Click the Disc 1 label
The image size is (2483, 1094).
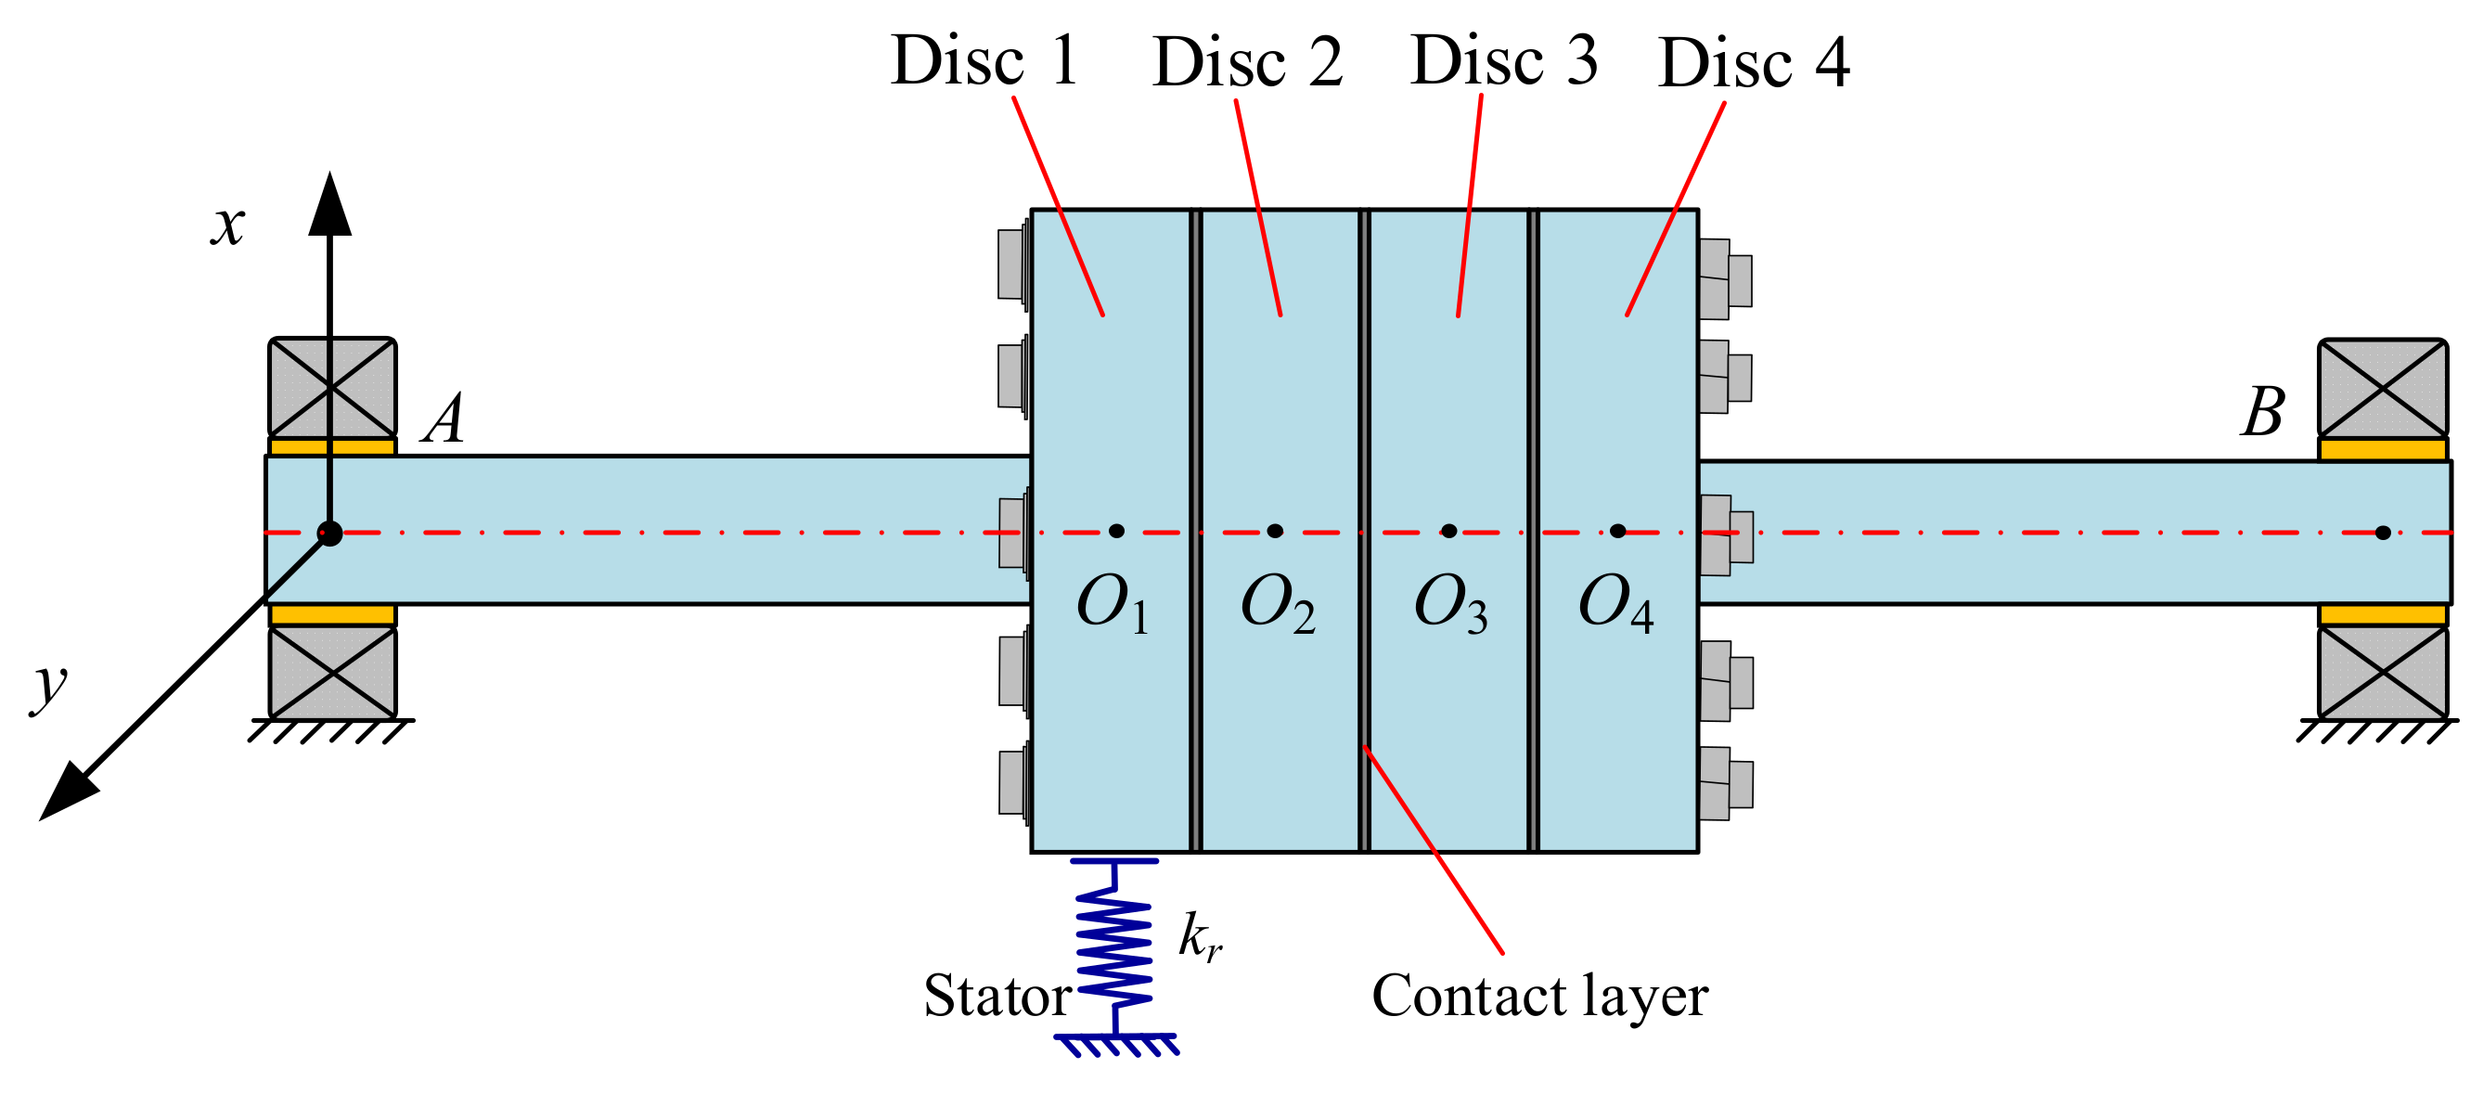click(984, 60)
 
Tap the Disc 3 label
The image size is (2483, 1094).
click(1504, 60)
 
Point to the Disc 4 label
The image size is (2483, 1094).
click(1754, 64)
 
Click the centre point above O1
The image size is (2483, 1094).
click(1116, 531)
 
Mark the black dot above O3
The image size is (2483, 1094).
click(1448, 531)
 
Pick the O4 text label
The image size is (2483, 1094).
click(1615, 604)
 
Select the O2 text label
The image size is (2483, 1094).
click(1277, 604)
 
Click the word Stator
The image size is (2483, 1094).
click(997, 997)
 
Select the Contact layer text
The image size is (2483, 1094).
click(1539, 997)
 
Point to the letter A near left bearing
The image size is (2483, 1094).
click(444, 419)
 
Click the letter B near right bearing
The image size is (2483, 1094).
click(2262, 414)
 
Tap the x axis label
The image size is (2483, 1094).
click(228, 225)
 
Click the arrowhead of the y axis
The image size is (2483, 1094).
click(68, 792)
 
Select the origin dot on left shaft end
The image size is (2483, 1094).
click(329, 533)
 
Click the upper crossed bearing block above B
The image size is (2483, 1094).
click(2382, 389)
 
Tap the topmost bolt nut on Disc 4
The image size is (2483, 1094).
click(1724, 279)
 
